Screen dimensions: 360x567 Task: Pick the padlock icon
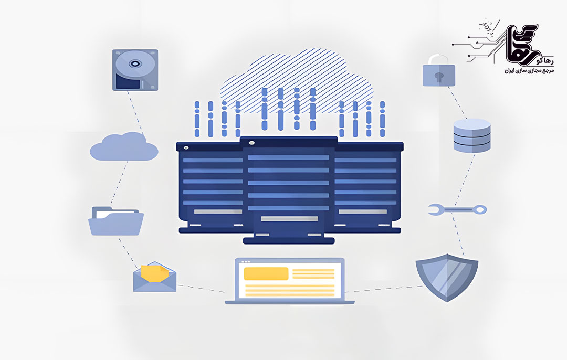[439, 71]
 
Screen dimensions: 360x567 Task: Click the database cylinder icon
[471, 135]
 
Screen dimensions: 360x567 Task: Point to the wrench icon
[457, 210]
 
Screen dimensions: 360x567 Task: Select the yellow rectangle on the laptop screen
[266, 274]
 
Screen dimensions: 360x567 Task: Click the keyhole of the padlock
[439, 76]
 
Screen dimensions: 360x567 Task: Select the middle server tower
[289, 189]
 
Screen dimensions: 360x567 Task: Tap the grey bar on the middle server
[289, 218]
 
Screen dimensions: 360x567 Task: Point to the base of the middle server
[289, 240]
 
